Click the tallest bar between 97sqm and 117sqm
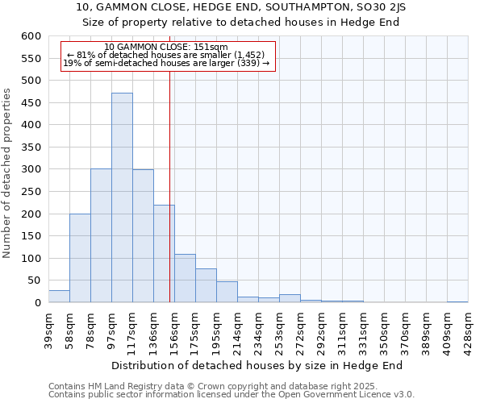pos(122,197)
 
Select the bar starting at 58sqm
pos(80,258)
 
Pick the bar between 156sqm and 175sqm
pos(185,278)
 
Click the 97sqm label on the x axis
pos(111,327)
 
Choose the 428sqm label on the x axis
pos(468,329)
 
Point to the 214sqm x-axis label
pos(237,329)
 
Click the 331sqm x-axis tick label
pos(363,329)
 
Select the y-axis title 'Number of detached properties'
pos(8,173)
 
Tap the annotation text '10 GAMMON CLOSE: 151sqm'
pos(166,48)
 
